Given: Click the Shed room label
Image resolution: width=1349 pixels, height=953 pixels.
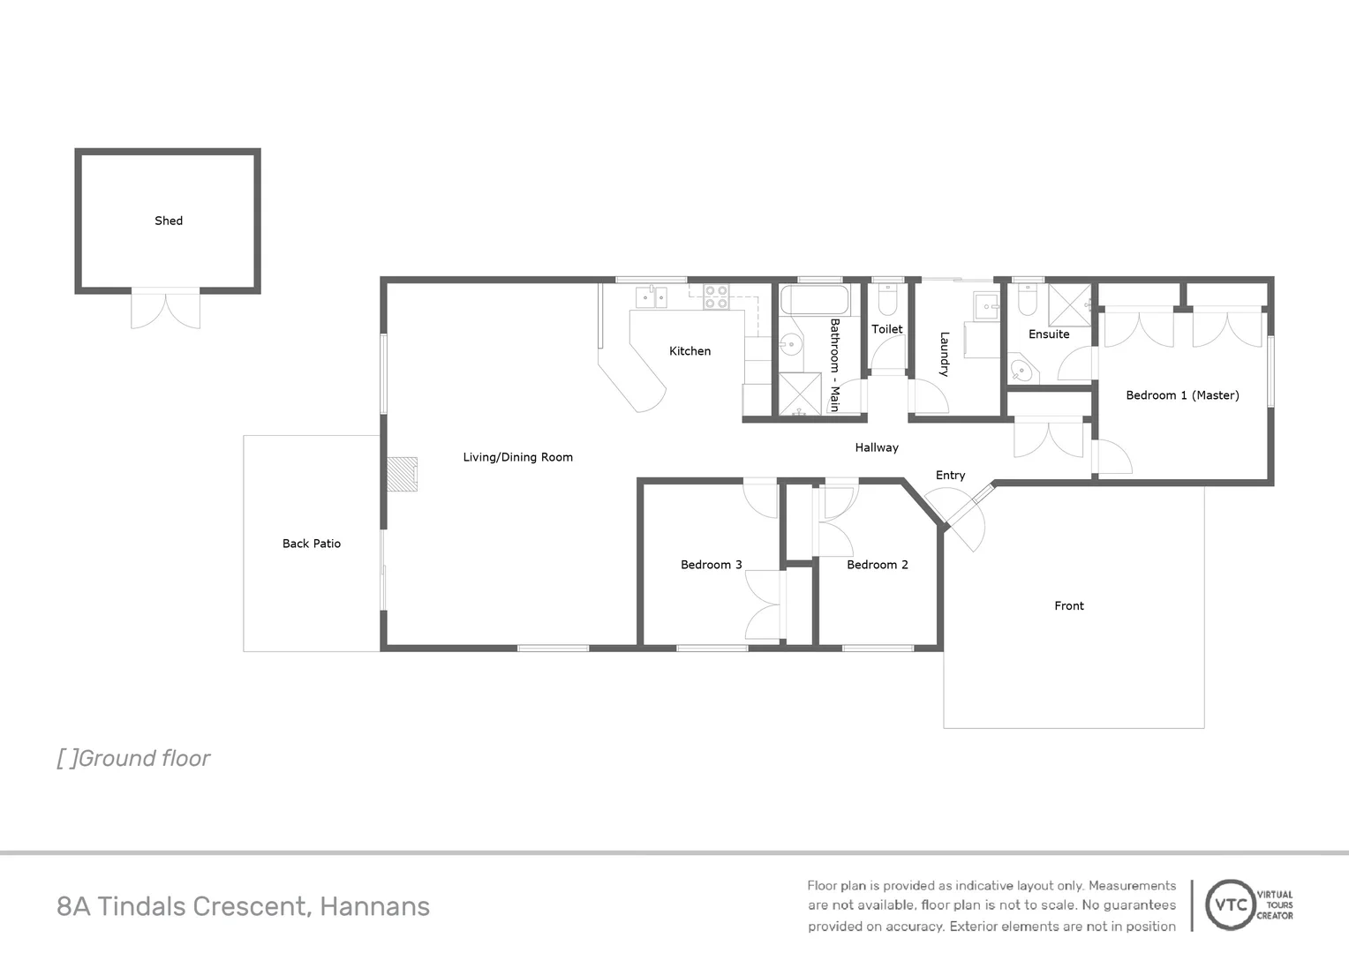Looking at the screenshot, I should (x=169, y=221).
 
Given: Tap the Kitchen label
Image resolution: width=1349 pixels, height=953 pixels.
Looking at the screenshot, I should (x=690, y=351).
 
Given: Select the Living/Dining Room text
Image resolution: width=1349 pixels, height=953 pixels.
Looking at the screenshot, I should (x=517, y=457).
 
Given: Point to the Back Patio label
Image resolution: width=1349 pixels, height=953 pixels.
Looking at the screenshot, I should (x=311, y=544).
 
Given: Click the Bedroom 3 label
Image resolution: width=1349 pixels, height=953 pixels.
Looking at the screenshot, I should (x=711, y=565).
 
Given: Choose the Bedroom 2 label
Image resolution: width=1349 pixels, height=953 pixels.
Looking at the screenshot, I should (x=877, y=565).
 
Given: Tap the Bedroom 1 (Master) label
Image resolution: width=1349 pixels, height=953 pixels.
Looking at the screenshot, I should (x=1182, y=395).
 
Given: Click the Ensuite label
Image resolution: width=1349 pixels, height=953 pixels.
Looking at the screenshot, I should (x=1049, y=334).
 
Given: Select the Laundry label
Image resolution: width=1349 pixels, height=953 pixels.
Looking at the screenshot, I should (x=944, y=354).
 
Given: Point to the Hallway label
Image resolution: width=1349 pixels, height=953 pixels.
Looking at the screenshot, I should (x=876, y=447).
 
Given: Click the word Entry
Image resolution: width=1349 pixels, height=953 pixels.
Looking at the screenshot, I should (x=950, y=475).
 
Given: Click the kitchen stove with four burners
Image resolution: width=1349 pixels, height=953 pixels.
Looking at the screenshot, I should (x=716, y=296).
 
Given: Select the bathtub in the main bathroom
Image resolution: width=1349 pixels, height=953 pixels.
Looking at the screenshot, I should (x=815, y=300).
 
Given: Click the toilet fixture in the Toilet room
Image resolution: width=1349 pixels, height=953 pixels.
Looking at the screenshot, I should (x=887, y=299).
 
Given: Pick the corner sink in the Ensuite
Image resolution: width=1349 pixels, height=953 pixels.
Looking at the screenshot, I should (x=1021, y=369).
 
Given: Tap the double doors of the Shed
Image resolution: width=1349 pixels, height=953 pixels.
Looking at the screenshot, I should (x=165, y=309).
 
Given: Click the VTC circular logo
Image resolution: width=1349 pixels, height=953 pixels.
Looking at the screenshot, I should (x=1231, y=904).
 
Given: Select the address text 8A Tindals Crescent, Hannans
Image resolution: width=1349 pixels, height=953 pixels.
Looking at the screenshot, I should (x=243, y=906).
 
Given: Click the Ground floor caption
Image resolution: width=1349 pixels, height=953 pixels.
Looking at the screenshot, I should (x=133, y=758).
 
